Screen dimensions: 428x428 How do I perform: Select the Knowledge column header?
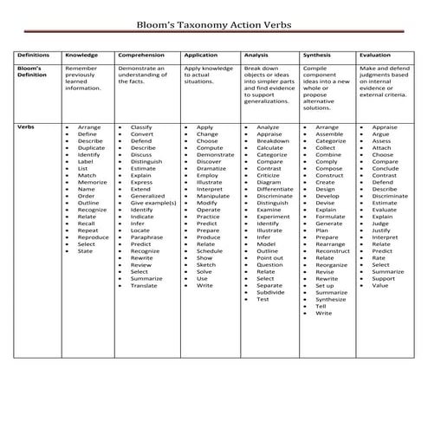81,54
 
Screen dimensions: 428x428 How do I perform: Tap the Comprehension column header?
141,54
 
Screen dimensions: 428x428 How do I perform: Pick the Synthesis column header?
318,54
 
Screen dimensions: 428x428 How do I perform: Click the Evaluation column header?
374,54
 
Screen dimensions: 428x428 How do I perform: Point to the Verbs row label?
27,127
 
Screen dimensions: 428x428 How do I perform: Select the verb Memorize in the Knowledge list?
93,183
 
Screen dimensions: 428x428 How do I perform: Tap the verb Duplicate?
93,149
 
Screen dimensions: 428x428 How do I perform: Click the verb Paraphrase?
147,237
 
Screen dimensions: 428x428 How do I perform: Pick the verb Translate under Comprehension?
145,285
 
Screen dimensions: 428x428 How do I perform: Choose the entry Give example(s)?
153,203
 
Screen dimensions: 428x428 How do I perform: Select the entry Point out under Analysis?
269,258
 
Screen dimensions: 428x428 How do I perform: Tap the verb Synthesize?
330,299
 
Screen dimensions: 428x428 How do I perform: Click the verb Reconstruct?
333,251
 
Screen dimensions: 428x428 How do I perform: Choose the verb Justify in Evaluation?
381,230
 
